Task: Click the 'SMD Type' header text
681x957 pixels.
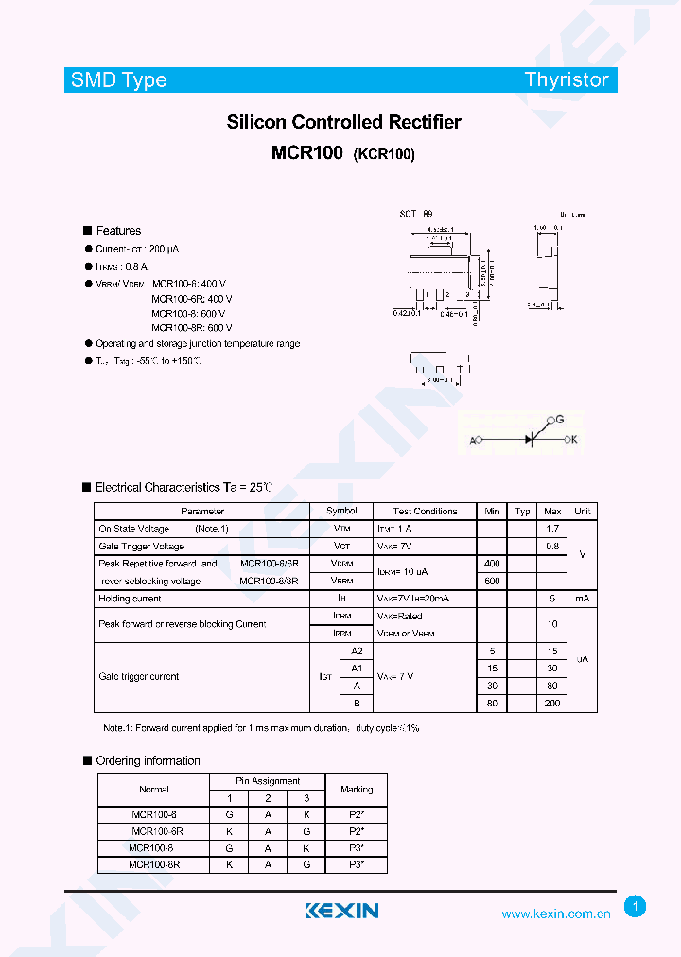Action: (118, 80)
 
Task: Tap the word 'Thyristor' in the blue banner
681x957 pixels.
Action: (567, 80)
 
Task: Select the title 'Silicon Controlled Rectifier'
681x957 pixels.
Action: (343, 122)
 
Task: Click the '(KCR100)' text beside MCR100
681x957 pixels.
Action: (384, 155)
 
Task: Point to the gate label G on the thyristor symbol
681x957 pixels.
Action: (559, 419)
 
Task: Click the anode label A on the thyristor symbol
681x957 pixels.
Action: (473, 441)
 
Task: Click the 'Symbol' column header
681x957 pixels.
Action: (341, 512)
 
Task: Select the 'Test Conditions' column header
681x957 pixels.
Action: (425, 512)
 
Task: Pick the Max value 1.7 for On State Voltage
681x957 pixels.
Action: (552, 529)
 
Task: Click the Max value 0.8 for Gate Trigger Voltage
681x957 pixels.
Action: (552, 547)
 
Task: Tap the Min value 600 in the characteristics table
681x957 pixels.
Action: (492, 581)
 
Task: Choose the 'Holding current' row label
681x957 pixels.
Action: (130, 599)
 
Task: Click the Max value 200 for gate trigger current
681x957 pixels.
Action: (552, 704)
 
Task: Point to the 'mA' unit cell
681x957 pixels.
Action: (582, 599)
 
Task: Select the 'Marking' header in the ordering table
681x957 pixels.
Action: (357, 790)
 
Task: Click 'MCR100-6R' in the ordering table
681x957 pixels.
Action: (157, 831)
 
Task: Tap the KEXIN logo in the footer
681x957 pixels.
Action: (341, 911)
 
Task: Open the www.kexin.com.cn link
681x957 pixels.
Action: (555, 914)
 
